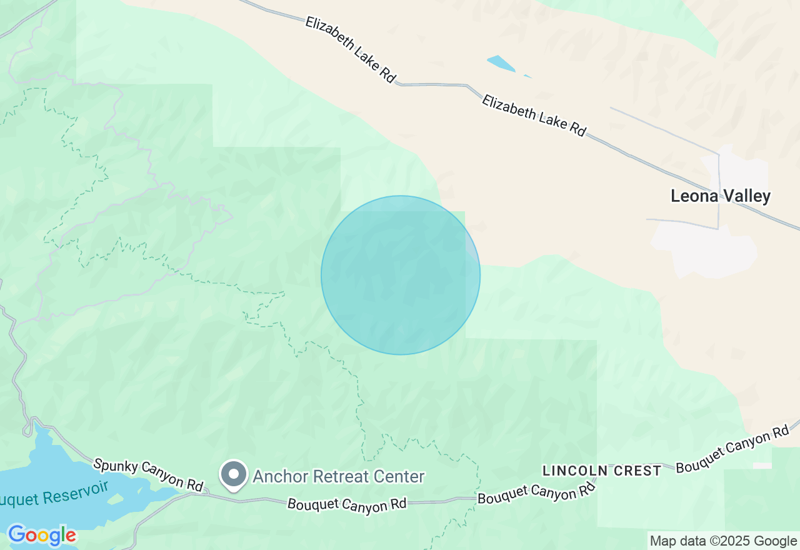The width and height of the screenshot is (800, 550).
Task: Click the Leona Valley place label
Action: pyautogui.click(x=720, y=196)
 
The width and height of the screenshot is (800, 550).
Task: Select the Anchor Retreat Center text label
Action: pyautogui.click(x=338, y=477)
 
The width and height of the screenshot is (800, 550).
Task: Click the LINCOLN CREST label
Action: pyautogui.click(x=602, y=471)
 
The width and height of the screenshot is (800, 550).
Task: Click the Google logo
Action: pyautogui.click(x=42, y=535)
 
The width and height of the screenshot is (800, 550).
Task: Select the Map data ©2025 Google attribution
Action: pyautogui.click(x=723, y=541)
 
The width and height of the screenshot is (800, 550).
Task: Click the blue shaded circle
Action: pyautogui.click(x=401, y=275)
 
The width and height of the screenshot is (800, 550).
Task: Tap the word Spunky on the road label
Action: pyautogui.click(x=116, y=466)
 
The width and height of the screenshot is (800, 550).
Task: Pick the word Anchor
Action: pyautogui.click(x=274, y=477)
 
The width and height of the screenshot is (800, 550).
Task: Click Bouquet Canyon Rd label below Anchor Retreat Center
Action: pyautogui.click(x=347, y=504)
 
